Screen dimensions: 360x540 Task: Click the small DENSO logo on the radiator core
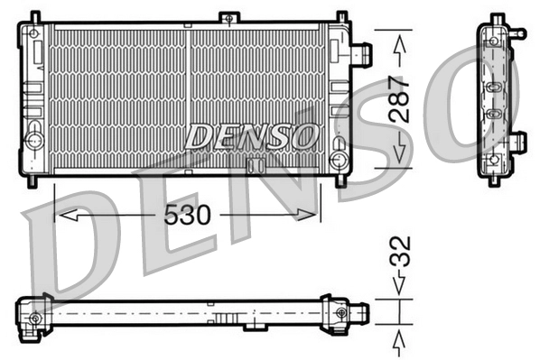coord(252,136)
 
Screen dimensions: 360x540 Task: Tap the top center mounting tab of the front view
coord(231,17)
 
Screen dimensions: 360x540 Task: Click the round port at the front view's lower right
coord(340,160)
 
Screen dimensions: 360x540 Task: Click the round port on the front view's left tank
coord(34,141)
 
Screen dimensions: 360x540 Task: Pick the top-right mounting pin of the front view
coord(341,16)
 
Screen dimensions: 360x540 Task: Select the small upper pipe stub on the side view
coord(518,33)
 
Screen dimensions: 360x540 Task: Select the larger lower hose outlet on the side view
coord(518,142)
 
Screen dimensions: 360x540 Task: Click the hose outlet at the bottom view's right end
coord(360,313)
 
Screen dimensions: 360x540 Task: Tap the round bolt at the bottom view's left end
coord(34,318)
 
